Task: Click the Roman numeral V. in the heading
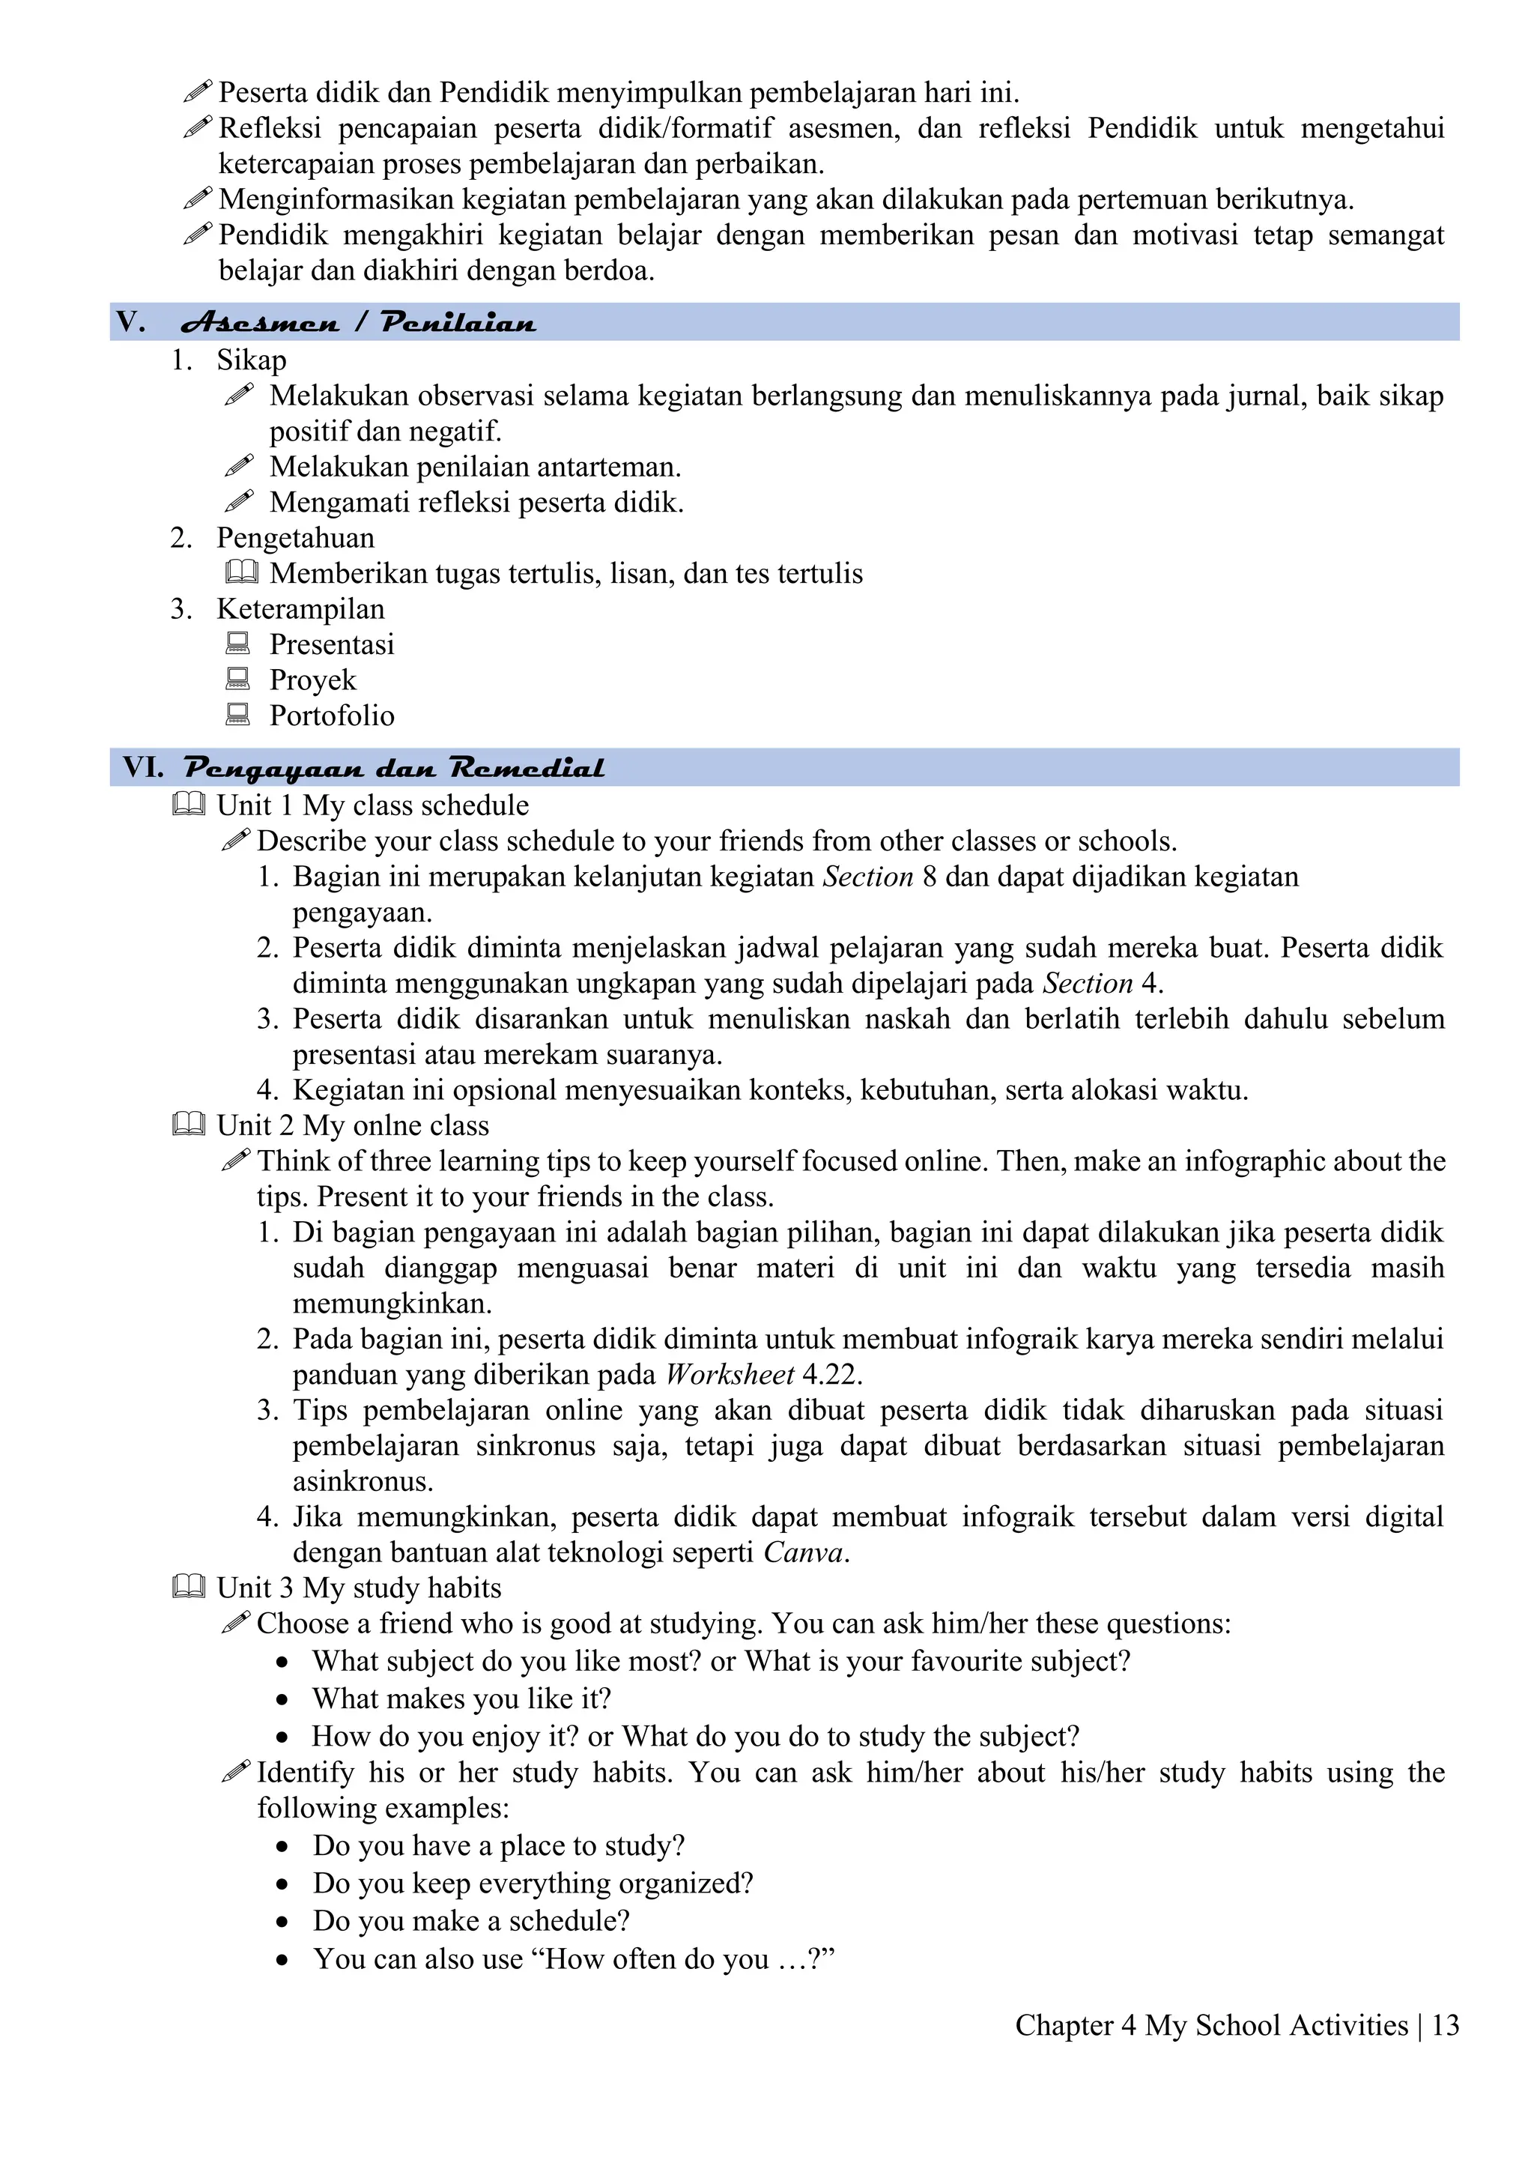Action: pyautogui.click(x=131, y=322)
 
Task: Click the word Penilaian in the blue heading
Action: pyautogui.click(x=458, y=323)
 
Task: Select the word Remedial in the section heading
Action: pyautogui.click(x=526, y=767)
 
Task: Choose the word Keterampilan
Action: pyautogui.click(x=300, y=609)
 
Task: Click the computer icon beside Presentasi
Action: pyautogui.click(x=238, y=644)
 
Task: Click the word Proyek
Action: pyautogui.click(x=312, y=680)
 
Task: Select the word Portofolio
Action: pyautogui.click(x=332, y=716)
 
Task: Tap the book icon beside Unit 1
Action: pyautogui.click(x=189, y=805)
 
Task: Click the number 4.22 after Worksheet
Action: pyautogui.click(x=831, y=1375)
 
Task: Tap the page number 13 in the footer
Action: pyautogui.click(x=1445, y=2025)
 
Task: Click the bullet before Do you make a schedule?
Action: pyautogui.click(x=282, y=1922)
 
